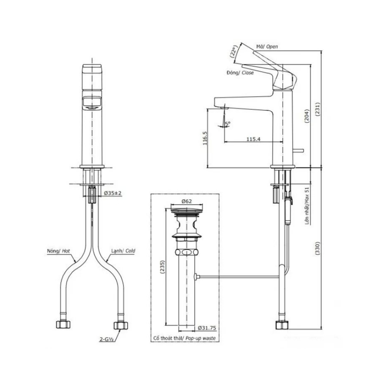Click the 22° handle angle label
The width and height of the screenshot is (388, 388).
click(x=234, y=53)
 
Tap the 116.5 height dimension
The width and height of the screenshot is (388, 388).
click(x=204, y=139)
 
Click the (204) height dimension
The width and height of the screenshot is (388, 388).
click(x=307, y=115)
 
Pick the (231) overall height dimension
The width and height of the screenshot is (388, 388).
click(x=317, y=110)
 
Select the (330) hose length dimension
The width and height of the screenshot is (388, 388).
click(x=317, y=248)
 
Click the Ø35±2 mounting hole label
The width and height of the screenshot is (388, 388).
click(x=113, y=193)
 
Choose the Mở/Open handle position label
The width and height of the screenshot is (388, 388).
click(x=267, y=47)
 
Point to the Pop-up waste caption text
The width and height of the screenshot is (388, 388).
click(x=185, y=338)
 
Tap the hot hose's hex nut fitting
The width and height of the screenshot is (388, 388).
click(x=62, y=324)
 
